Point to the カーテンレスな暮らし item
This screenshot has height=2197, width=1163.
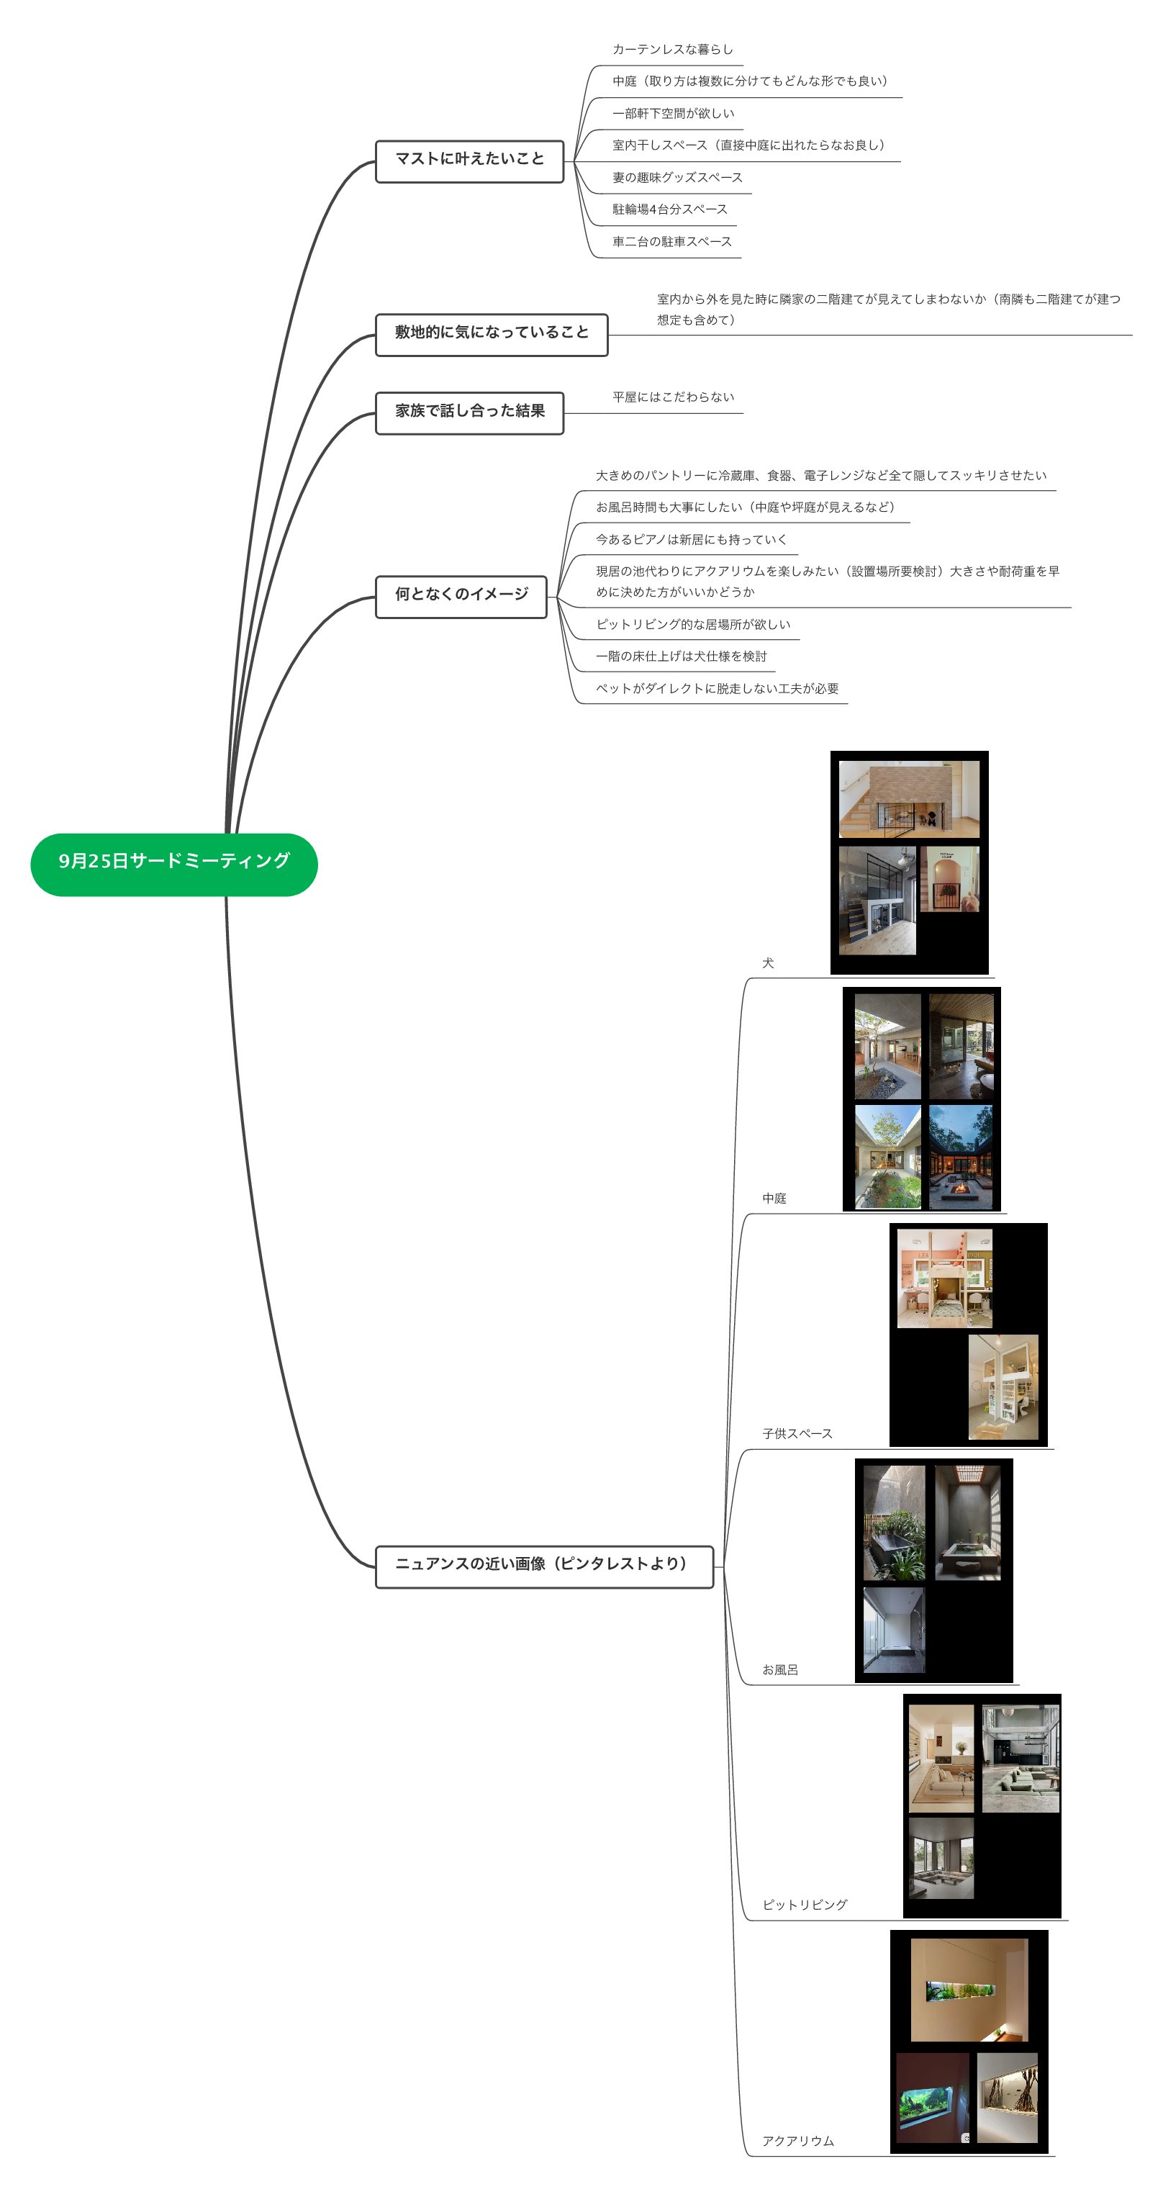672,50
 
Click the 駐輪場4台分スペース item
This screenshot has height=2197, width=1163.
669,209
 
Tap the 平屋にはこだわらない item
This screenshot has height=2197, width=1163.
673,397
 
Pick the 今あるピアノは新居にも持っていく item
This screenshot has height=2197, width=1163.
691,540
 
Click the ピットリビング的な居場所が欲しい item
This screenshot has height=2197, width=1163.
692,625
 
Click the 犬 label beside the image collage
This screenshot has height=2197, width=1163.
767,964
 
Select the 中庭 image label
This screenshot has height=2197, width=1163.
774,1199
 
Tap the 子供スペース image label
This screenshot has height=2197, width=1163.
797,1435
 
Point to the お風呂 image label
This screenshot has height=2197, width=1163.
779,1670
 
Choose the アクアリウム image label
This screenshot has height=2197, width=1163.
797,2142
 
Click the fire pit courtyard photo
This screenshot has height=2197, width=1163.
960,1158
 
